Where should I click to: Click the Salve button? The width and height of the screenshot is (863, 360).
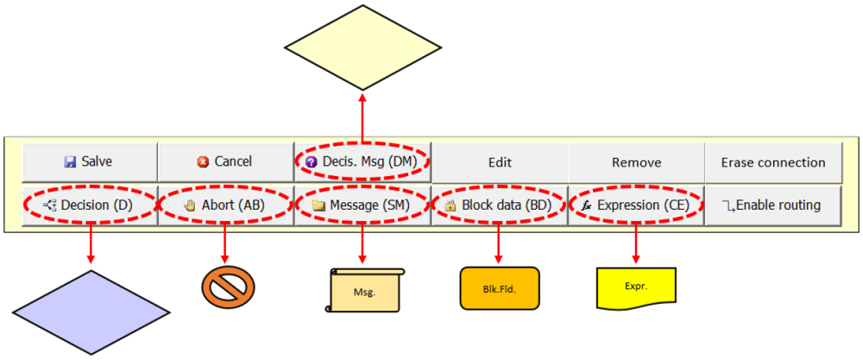click(x=89, y=162)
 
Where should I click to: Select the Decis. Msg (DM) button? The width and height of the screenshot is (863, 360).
click(x=362, y=162)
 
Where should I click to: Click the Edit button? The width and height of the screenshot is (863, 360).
click(x=500, y=162)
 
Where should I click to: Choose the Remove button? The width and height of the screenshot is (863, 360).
click(x=636, y=162)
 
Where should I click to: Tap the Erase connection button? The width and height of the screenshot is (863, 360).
click(x=773, y=162)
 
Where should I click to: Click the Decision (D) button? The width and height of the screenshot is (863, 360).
click(x=89, y=205)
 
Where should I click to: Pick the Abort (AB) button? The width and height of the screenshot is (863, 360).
click(x=225, y=205)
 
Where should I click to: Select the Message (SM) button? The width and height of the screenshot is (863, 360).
click(x=362, y=205)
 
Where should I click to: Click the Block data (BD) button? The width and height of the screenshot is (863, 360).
click(x=500, y=205)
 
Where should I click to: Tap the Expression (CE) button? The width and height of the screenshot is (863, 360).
click(x=636, y=205)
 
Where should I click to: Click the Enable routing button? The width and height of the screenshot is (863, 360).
click(x=773, y=205)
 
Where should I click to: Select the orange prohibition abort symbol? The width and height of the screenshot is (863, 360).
click(x=228, y=286)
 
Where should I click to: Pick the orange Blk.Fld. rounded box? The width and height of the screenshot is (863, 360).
click(x=500, y=287)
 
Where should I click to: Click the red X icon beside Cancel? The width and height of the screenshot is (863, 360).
click(x=203, y=162)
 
